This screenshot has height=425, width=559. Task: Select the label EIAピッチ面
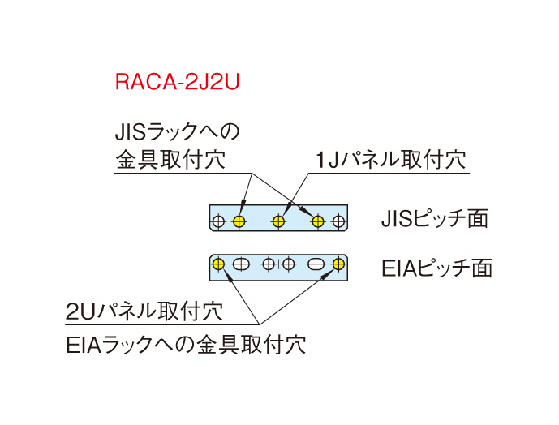[x=436, y=267]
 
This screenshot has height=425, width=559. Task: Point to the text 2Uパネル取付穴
[x=144, y=311]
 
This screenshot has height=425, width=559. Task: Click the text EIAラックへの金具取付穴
[x=185, y=344]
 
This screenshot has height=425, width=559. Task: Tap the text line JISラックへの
[x=177, y=130]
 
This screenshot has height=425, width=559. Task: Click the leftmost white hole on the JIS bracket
[x=219, y=221]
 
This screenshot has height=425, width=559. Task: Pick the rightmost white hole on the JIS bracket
[x=337, y=221]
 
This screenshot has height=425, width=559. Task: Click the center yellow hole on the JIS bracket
[x=277, y=221]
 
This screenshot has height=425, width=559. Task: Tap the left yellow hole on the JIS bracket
[x=239, y=221]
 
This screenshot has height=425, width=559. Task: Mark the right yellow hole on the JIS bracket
[x=317, y=221]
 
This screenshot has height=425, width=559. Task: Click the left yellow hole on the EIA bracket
[x=218, y=264]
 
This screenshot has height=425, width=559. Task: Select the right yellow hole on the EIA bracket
[x=338, y=264]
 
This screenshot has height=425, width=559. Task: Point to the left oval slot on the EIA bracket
[x=240, y=264]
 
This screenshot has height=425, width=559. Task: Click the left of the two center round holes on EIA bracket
[x=269, y=264]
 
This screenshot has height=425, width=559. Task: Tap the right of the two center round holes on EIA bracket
[x=288, y=264]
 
